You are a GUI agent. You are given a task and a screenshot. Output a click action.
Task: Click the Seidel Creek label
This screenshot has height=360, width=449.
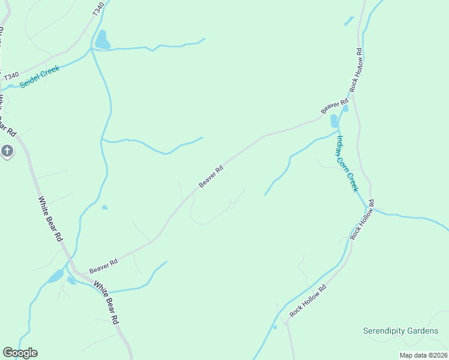(x=39, y=77)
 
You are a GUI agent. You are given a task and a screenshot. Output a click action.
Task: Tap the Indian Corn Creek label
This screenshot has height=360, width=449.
(x=347, y=163)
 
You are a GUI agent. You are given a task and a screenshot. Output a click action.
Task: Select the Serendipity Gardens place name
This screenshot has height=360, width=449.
(x=401, y=331)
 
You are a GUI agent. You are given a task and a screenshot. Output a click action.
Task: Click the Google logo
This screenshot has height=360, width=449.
(x=20, y=353)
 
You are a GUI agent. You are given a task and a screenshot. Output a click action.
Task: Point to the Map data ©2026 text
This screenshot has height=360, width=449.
(x=423, y=355)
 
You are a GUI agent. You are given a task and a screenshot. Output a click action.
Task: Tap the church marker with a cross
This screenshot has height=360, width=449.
(x=7, y=151)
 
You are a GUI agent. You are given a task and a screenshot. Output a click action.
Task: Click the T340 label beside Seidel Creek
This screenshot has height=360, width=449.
(x=11, y=77)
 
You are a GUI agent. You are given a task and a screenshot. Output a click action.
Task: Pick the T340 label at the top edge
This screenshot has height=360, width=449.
(x=99, y=8)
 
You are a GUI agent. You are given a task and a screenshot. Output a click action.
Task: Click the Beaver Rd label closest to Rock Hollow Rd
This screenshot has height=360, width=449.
(x=334, y=106)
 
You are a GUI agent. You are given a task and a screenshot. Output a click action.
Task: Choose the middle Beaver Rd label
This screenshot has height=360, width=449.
(x=211, y=176)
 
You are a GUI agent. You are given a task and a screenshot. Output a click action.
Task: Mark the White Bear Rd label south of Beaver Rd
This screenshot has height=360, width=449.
(x=107, y=304)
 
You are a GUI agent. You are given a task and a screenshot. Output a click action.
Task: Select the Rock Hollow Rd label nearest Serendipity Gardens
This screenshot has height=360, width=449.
(x=307, y=301)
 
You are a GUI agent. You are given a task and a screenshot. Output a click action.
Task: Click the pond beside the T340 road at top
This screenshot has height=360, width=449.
(x=102, y=40)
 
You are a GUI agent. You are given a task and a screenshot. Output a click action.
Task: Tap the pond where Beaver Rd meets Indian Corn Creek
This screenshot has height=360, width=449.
(x=334, y=121)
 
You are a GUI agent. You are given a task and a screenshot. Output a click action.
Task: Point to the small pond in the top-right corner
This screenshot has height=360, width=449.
(x=349, y=21)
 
